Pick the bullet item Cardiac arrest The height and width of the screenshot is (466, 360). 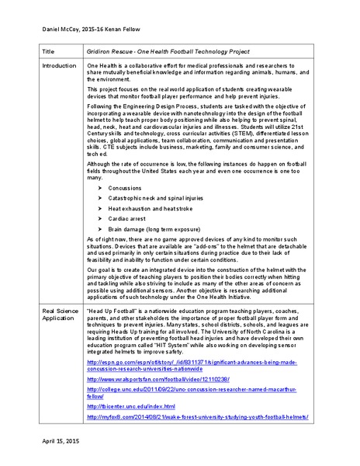click(x=127, y=219)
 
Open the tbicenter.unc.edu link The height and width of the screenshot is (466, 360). click(x=131, y=406)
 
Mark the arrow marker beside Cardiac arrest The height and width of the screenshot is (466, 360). click(x=99, y=219)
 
